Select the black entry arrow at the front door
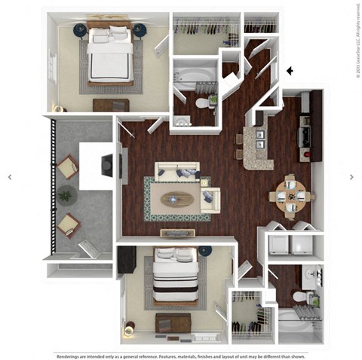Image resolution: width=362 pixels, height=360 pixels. [289, 72]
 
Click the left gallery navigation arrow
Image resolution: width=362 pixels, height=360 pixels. [10, 177]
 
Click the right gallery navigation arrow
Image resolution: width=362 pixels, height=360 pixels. [351, 177]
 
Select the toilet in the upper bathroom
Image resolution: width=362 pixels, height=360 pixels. [201, 102]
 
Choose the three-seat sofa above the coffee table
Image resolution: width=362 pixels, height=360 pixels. [178, 172]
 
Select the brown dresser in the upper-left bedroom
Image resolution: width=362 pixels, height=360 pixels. [111, 105]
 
